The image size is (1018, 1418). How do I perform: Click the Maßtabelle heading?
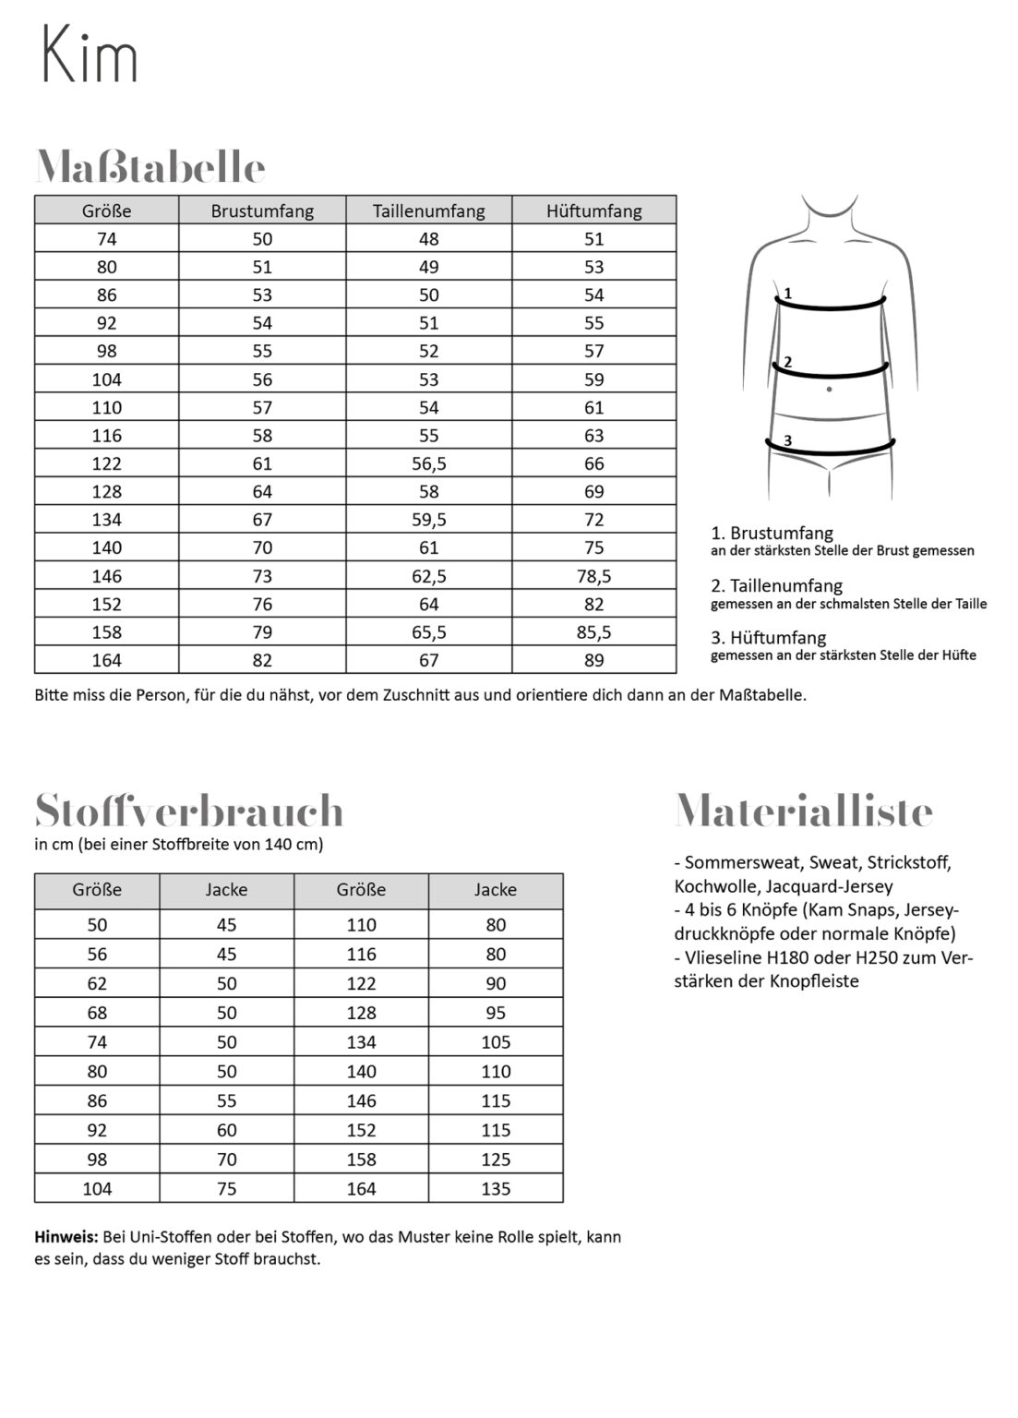click(x=150, y=167)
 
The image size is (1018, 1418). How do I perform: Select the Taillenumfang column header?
click(x=428, y=210)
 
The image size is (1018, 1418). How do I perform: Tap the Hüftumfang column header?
click(x=593, y=210)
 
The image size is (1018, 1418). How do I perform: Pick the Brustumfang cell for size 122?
click(x=262, y=463)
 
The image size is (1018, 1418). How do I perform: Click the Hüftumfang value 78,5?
click(x=593, y=576)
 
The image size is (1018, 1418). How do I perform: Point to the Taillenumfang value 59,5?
click(x=428, y=520)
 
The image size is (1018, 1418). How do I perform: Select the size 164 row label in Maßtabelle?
click(x=106, y=660)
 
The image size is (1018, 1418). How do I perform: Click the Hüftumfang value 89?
click(x=593, y=660)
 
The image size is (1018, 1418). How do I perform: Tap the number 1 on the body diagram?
click(x=787, y=294)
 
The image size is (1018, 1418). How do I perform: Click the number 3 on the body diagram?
click(x=787, y=441)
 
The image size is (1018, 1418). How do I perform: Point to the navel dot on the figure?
click(x=830, y=389)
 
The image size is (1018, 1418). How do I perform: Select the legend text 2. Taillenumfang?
click(x=776, y=585)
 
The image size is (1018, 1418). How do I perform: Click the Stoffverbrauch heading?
click(x=189, y=811)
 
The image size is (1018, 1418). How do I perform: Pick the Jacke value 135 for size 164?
click(x=496, y=1188)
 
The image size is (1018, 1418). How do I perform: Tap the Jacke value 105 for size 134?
click(x=496, y=1042)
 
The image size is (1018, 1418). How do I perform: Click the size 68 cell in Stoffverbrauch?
click(x=97, y=1013)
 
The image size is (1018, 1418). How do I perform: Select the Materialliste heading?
click(x=804, y=811)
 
